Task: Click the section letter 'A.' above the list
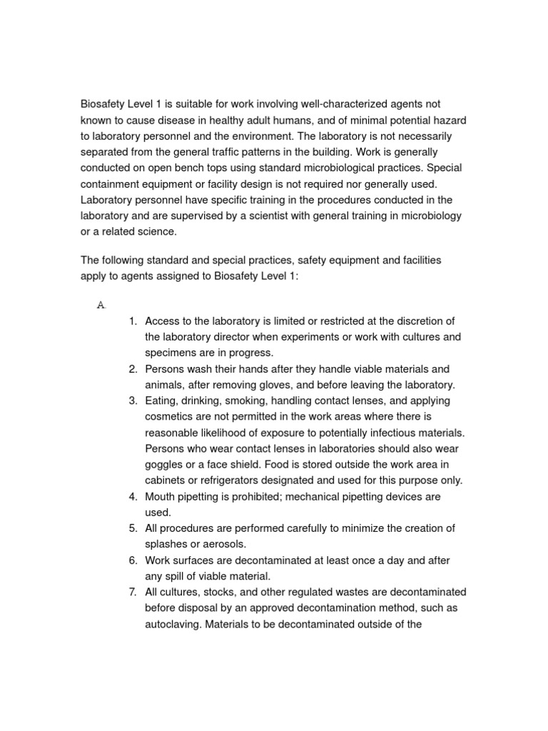click(x=101, y=305)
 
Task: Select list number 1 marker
click(x=133, y=321)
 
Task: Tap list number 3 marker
click(x=133, y=400)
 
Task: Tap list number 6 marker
click(x=133, y=560)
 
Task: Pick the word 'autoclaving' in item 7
click(x=174, y=623)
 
